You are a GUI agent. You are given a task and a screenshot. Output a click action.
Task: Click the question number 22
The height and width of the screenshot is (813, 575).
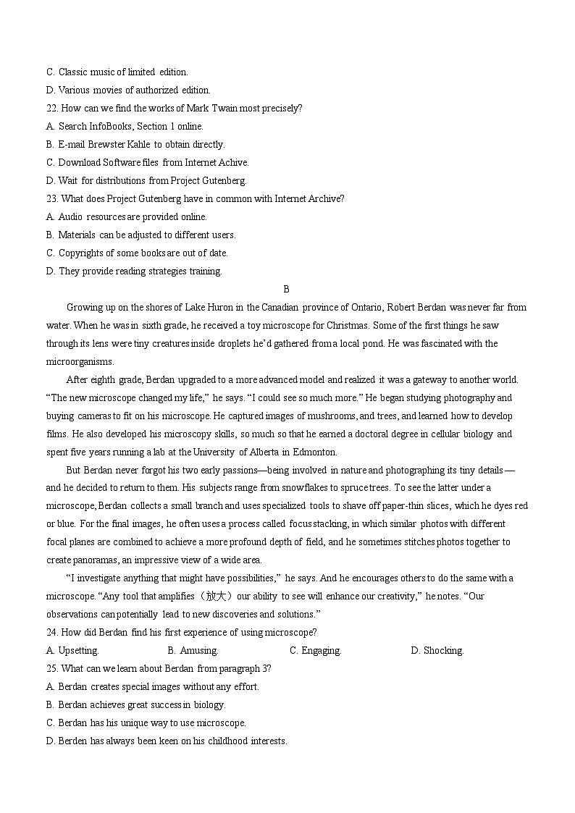tap(51, 109)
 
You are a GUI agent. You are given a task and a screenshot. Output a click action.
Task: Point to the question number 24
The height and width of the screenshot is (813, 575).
tap(51, 632)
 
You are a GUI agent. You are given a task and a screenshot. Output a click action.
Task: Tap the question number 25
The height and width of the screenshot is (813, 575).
tap(51, 668)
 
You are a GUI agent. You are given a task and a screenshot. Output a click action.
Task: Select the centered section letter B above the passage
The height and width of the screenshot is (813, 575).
tap(286, 289)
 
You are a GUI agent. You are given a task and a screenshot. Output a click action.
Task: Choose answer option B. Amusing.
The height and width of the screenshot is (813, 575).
tap(193, 650)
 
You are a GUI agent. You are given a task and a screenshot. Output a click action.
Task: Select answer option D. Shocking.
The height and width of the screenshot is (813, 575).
tap(437, 650)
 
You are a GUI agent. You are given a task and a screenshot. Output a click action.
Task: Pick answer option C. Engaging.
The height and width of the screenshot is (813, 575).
tap(315, 650)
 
